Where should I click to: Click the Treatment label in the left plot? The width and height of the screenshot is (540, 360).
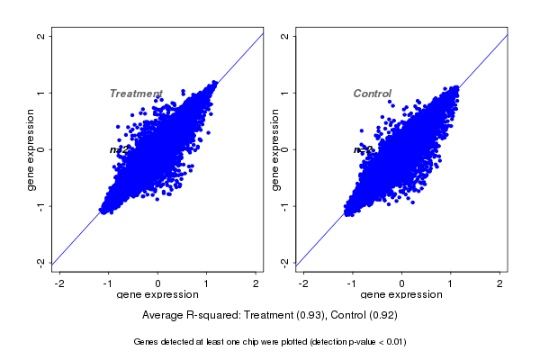coord(136,94)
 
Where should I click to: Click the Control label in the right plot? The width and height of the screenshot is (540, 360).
coord(372,94)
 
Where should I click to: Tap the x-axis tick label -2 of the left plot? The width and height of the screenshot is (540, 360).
coord(59,283)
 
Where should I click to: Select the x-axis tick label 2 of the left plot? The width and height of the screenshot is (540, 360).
coord(256,283)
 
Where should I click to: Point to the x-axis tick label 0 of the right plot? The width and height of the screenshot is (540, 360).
coord(402,283)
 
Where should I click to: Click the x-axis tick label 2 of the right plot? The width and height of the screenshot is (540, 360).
coord(500,283)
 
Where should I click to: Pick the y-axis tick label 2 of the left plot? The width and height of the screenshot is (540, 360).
coord(41,36)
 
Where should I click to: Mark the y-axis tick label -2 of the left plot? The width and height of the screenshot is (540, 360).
coord(41,262)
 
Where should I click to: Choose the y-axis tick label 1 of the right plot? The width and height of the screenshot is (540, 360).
coord(285,93)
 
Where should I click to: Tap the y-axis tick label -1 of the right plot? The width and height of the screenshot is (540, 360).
coord(285,205)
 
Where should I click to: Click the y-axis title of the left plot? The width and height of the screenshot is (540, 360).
coord(31,149)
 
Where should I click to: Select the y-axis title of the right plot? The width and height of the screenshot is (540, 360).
coord(274,149)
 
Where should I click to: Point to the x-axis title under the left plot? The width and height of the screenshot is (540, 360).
coord(158,294)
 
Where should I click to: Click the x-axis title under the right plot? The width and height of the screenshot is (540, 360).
coord(402,294)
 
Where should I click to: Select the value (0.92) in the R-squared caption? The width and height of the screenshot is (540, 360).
coord(382,316)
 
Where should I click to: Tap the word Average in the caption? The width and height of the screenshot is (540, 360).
coord(165,316)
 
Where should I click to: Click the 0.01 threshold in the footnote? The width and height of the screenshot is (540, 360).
coord(391,342)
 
